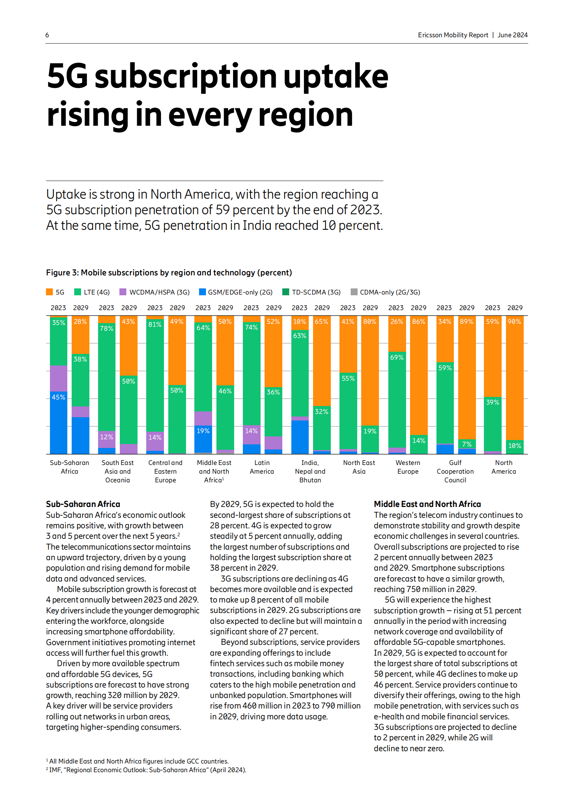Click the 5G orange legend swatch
click(50, 292)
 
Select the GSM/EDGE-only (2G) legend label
click(240, 292)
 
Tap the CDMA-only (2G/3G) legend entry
click(390, 292)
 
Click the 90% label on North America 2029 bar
click(514, 322)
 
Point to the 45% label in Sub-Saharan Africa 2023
click(59, 397)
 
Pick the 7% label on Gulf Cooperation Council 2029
click(467, 444)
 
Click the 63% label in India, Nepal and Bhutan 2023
click(300, 336)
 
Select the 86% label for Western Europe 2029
click(419, 322)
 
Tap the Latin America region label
click(262, 467)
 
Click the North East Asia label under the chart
click(359, 467)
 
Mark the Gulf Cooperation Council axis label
click(455, 471)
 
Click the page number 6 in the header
click(47, 35)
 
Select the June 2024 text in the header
click(512, 35)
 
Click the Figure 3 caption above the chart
click(169, 273)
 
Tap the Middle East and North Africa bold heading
click(427, 504)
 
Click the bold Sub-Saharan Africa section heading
click(83, 504)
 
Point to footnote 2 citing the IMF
click(147, 770)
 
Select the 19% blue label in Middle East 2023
click(203, 431)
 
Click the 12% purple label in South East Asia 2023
click(107, 437)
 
